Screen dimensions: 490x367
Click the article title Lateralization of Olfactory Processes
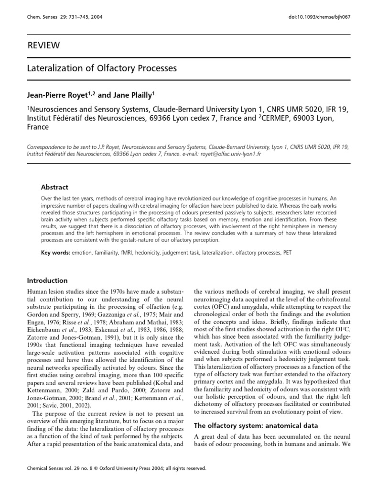[x=101, y=68]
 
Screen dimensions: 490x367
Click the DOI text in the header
[x=313, y=17]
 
